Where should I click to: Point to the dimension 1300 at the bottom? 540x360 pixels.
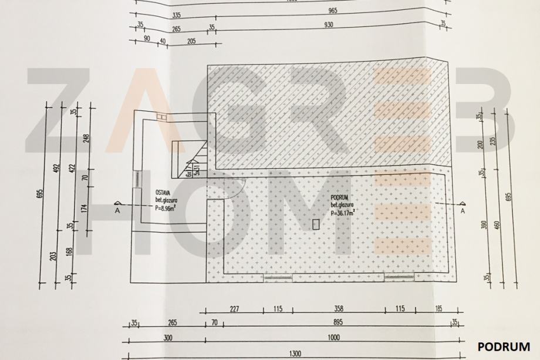(x=296, y=354)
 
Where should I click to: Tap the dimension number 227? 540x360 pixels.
(x=235, y=308)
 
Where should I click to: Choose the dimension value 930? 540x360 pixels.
(x=329, y=25)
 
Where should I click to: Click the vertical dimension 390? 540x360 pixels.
(x=484, y=224)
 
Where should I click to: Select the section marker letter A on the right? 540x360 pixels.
(x=463, y=210)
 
